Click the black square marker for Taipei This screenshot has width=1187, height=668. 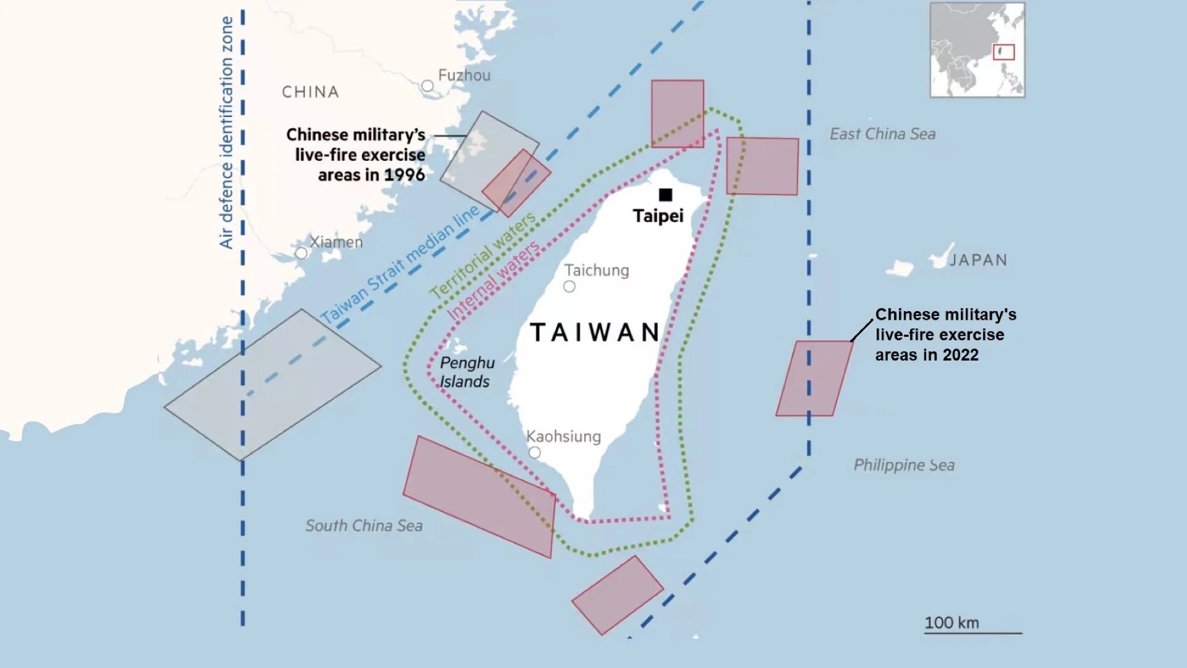click(665, 195)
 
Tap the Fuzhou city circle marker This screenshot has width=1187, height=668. click(427, 86)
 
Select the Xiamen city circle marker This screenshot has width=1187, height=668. click(301, 253)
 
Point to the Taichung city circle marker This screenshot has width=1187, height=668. click(569, 286)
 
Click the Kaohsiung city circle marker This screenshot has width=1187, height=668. click(535, 453)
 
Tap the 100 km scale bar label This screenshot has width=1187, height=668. click(951, 622)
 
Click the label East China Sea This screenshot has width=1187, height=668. click(882, 134)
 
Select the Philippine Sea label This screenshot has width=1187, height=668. click(904, 465)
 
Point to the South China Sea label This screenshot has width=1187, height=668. click(364, 526)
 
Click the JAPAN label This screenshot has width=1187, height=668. click(978, 260)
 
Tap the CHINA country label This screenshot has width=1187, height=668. click(310, 92)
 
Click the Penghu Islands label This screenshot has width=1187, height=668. click(467, 372)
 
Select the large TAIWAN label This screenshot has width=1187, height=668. click(595, 332)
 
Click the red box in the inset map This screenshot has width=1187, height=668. click(1003, 52)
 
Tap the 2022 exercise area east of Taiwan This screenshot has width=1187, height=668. click(814, 378)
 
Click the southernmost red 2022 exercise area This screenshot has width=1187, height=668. click(617, 595)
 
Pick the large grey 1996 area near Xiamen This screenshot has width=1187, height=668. click(272, 385)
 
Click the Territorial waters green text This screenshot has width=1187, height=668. click(483, 256)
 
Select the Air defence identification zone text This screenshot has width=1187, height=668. click(226, 133)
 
